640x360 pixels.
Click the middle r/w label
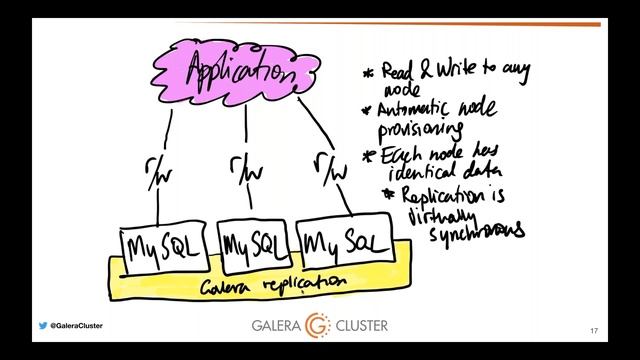pyautogui.click(x=244, y=166)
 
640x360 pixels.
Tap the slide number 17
pyautogui.click(x=594, y=331)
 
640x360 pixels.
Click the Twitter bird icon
pyautogui.click(x=42, y=326)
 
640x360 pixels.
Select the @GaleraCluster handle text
pyautogui.click(x=76, y=326)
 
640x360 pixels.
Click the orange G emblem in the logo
pyautogui.click(x=319, y=326)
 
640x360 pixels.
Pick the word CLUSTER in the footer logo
pyautogui.click(x=361, y=327)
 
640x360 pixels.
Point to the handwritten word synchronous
pyautogui.click(x=476, y=232)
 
